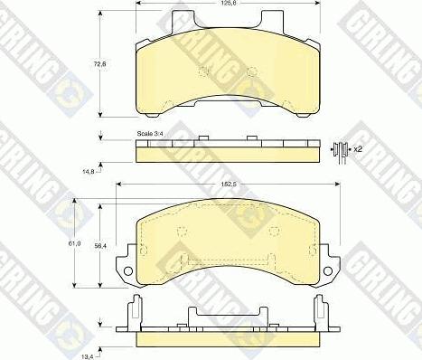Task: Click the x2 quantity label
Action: [x=357, y=147]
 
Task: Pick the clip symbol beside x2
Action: [x=340, y=149]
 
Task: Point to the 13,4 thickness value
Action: [x=88, y=354]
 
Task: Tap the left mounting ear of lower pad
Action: [x=127, y=264]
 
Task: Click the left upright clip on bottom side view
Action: [x=134, y=312]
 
